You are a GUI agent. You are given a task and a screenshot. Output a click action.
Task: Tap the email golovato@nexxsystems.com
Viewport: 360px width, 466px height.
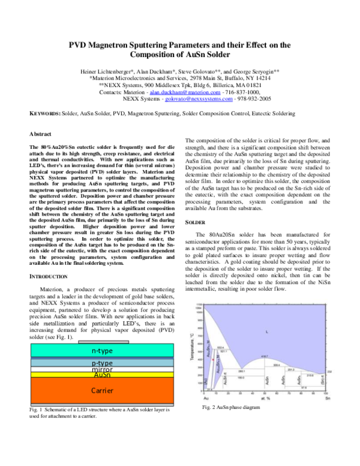(199, 100)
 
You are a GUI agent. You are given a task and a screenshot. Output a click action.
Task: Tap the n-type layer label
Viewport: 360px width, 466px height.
(103, 351)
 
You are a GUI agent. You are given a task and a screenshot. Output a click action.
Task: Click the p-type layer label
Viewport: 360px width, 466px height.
(103, 364)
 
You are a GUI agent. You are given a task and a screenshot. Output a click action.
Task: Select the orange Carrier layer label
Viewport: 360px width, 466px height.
(103, 389)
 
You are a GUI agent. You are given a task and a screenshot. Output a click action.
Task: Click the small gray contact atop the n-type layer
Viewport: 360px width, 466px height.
(103, 342)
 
